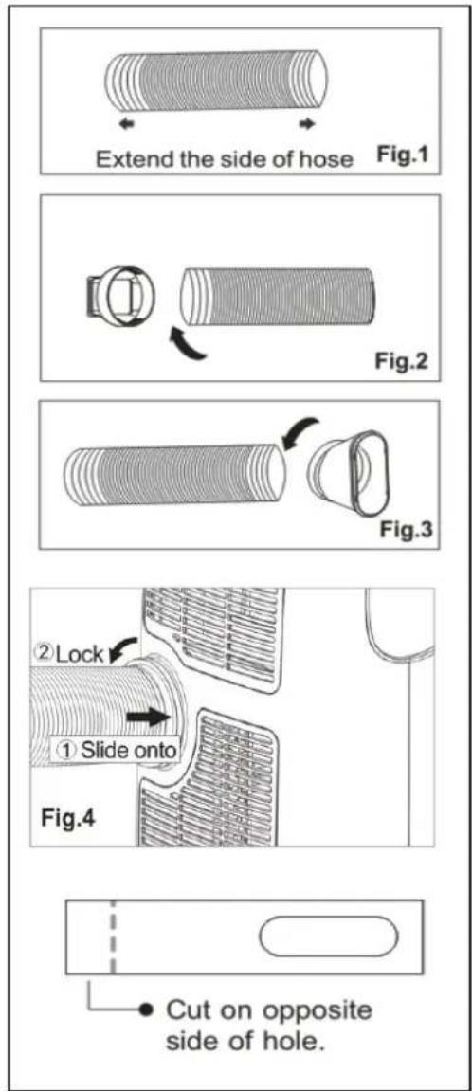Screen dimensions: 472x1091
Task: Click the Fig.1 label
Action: pyautogui.click(x=401, y=155)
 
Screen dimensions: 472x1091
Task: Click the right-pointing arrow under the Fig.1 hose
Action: pyautogui.click(x=307, y=124)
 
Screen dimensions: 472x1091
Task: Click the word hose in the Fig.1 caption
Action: pyautogui.click(x=327, y=159)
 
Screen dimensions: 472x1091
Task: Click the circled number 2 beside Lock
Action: pyautogui.click(x=44, y=653)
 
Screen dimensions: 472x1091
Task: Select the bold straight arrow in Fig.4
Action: pyautogui.click(x=149, y=718)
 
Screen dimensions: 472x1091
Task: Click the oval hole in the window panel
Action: pyautogui.click(x=329, y=936)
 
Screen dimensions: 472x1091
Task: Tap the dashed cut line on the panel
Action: pyautogui.click(x=112, y=936)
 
